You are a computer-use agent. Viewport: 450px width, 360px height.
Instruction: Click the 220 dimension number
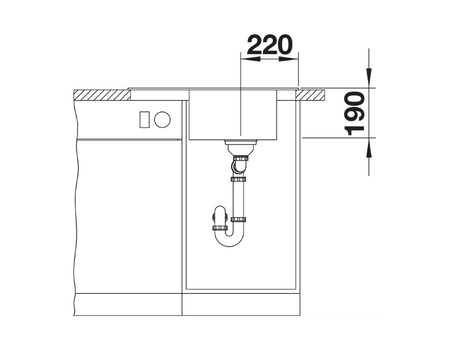click(x=270, y=45)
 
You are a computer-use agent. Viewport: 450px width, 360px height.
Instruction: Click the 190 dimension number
click(x=355, y=114)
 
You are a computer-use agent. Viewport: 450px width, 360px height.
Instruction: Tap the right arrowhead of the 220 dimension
click(x=288, y=59)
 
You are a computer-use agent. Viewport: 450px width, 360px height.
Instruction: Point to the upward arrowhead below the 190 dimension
click(x=369, y=147)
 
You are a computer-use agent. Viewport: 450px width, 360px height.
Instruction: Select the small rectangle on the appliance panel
click(x=144, y=119)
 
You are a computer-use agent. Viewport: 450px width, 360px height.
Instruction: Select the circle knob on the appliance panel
click(x=162, y=119)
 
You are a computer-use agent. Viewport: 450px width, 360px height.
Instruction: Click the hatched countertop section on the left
click(x=102, y=95)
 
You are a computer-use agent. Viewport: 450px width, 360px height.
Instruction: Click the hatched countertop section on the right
click(x=310, y=95)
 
